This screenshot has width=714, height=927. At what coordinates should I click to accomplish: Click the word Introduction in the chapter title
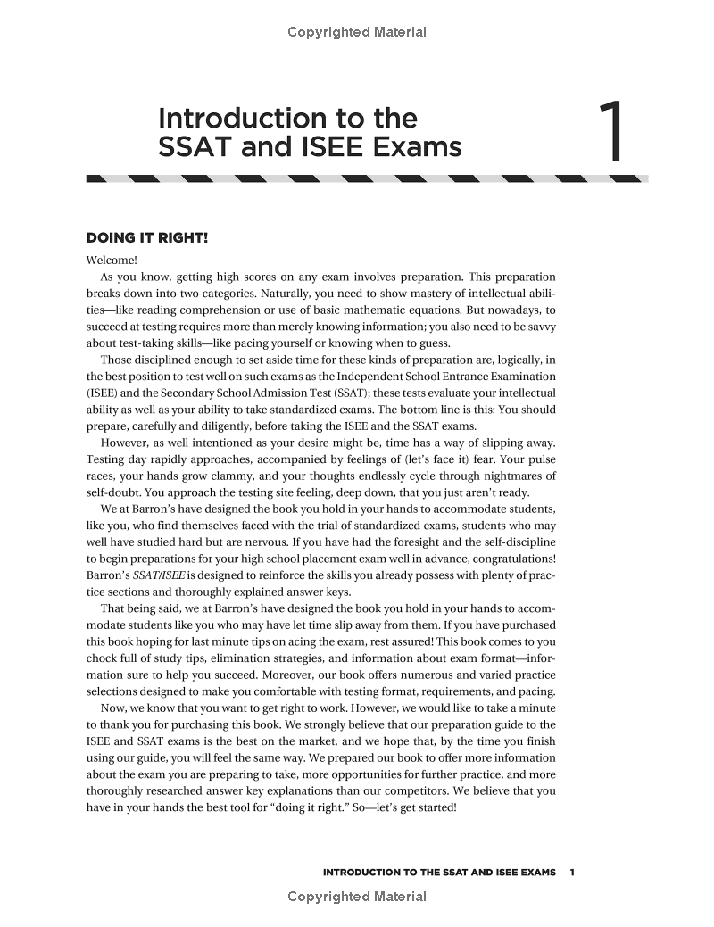pyautogui.click(x=242, y=118)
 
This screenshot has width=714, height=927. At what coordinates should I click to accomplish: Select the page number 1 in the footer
pyautogui.click(x=572, y=872)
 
